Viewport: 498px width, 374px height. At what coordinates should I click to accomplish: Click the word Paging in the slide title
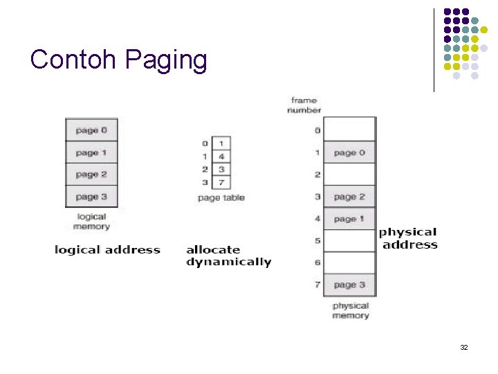[166, 60]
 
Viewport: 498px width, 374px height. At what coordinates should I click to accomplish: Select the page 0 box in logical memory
[91, 130]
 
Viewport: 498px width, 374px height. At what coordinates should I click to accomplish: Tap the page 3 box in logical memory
[91, 196]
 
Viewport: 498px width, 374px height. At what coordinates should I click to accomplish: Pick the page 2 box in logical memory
[91, 174]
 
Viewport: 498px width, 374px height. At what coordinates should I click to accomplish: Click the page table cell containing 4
[221, 157]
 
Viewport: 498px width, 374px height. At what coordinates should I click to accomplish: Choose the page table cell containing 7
[221, 182]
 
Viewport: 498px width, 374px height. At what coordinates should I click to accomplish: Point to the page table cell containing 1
[221, 143]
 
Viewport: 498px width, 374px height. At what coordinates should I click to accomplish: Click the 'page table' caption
[221, 197]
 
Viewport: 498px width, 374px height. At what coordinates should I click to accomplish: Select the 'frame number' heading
[304, 105]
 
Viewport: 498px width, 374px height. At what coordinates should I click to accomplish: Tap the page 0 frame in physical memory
[349, 152]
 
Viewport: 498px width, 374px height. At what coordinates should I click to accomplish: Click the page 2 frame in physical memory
[349, 197]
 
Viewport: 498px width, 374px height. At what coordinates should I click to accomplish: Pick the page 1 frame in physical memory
[349, 219]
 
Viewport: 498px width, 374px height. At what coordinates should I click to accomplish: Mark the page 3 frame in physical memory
[349, 285]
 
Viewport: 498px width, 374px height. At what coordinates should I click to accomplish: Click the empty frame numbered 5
[349, 240]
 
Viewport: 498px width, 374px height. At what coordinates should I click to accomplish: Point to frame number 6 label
[317, 262]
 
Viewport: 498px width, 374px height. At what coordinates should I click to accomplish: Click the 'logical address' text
[107, 250]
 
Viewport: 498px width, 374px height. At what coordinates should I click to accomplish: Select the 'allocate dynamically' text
[228, 256]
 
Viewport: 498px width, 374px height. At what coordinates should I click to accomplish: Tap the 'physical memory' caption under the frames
[351, 310]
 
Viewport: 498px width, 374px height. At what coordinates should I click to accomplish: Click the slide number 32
[464, 347]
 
